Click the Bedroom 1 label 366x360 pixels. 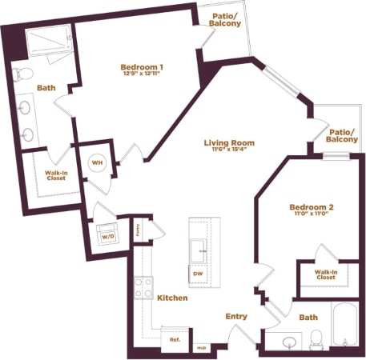coord(143,66)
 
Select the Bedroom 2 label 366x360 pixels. coord(312,207)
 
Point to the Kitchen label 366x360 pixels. coord(172,298)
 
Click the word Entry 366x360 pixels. coord(236,317)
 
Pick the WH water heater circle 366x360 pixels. coord(98,162)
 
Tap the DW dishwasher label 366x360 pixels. coord(198,274)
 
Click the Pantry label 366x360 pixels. coord(138,230)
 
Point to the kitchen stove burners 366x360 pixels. coord(143,287)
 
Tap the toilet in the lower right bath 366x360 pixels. coord(317,339)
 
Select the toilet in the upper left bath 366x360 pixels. coord(23,74)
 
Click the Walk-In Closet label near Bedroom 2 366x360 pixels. coord(326,275)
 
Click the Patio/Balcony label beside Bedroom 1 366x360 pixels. coord(226,20)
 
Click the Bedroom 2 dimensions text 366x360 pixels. coord(312,217)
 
